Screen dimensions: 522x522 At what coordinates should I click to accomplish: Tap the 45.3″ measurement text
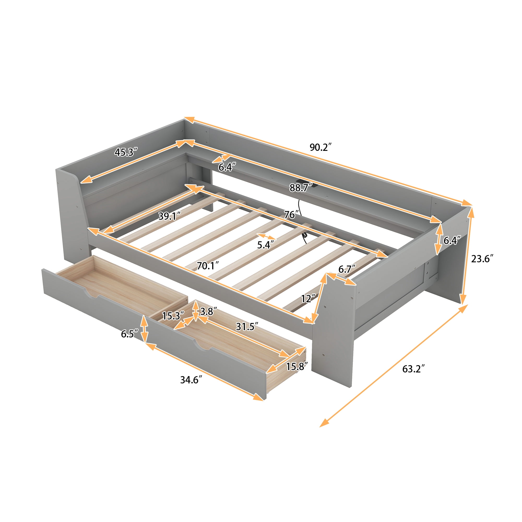tap(126, 152)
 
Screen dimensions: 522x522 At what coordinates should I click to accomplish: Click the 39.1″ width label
tap(169, 216)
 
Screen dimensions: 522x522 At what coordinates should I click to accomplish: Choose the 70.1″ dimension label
tap(207, 266)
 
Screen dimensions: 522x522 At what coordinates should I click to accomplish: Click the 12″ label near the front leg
tap(308, 299)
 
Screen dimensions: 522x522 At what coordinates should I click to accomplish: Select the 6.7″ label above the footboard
tap(347, 269)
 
